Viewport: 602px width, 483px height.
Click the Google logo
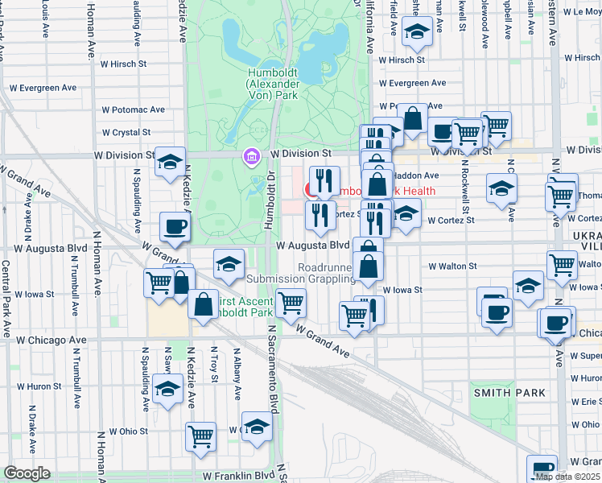pyautogui.click(x=27, y=473)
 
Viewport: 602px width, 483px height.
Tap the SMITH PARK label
pyautogui.click(x=509, y=393)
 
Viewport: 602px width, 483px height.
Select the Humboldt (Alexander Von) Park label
pyautogui.click(x=273, y=83)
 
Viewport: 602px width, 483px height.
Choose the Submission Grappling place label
pyautogui.click(x=300, y=279)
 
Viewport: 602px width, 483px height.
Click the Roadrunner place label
pyautogui.click(x=324, y=266)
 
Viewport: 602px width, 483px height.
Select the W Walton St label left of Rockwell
pyautogui.click(x=452, y=266)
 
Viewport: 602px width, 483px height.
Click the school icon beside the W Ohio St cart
pyautogui.click(x=257, y=426)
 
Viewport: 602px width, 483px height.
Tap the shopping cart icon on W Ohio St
pyautogui.click(x=200, y=436)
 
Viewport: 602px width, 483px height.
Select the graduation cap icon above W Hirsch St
pyautogui.click(x=417, y=31)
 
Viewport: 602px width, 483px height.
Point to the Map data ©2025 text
pyautogui.click(x=567, y=477)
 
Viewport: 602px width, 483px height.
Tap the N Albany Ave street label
pyautogui.click(x=238, y=374)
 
